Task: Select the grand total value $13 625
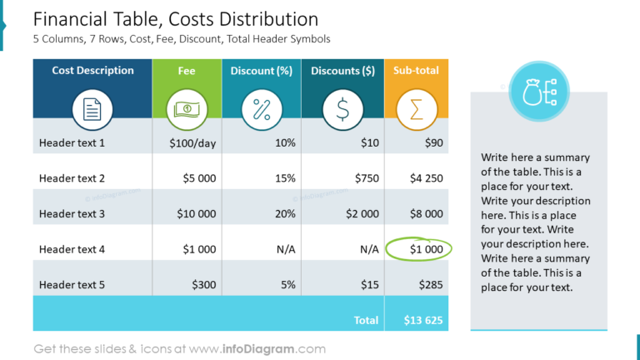coord(422,319)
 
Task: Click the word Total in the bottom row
coord(366,319)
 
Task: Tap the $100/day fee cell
coord(192,143)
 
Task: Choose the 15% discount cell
coord(284,178)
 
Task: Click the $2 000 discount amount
coord(362,213)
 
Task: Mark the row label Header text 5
coord(72,284)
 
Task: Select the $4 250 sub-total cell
coord(426,178)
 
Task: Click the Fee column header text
coord(187,71)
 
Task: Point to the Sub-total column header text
coord(416,71)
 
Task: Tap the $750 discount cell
coord(367,178)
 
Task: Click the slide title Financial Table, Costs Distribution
coord(175,19)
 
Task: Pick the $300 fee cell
coord(203,284)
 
